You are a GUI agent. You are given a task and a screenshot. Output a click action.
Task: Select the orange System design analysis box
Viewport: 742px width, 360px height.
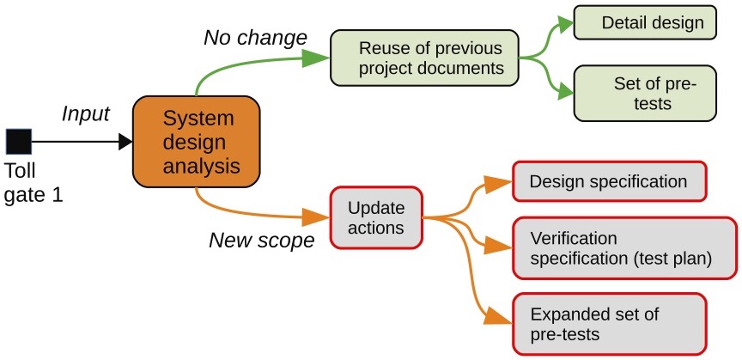196,142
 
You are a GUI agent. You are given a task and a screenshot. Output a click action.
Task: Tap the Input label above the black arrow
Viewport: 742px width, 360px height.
86,114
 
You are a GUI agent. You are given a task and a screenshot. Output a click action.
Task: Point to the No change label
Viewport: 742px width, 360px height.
255,38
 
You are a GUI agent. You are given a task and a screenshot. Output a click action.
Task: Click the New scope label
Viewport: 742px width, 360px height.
262,241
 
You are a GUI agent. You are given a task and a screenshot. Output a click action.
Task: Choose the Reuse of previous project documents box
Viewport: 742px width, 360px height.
424,58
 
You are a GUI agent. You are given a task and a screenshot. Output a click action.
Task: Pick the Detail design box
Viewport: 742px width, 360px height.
644,21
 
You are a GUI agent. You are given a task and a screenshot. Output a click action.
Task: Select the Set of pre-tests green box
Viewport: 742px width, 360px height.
644,94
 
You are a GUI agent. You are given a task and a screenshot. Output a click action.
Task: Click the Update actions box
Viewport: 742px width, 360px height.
375,218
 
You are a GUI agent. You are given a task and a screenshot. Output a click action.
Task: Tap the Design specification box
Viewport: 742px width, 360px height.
608,181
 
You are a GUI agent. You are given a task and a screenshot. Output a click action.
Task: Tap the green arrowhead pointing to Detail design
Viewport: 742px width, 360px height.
566,22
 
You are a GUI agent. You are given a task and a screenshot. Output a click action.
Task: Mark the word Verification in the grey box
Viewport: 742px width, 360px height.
574,237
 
